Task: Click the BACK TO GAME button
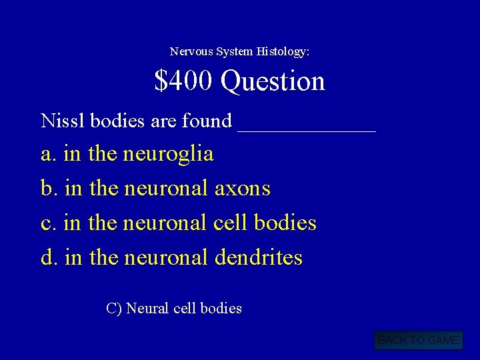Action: click(418, 341)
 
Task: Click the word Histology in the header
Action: click(284, 51)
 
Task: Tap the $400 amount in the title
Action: click(184, 81)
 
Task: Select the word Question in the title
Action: click(273, 81)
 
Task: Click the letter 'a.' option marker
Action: click(49, 154)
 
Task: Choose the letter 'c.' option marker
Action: click(49, 223)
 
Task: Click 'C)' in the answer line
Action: click(113, 309)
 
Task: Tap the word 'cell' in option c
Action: click(229, 223)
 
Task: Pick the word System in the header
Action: click(238, 51)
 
